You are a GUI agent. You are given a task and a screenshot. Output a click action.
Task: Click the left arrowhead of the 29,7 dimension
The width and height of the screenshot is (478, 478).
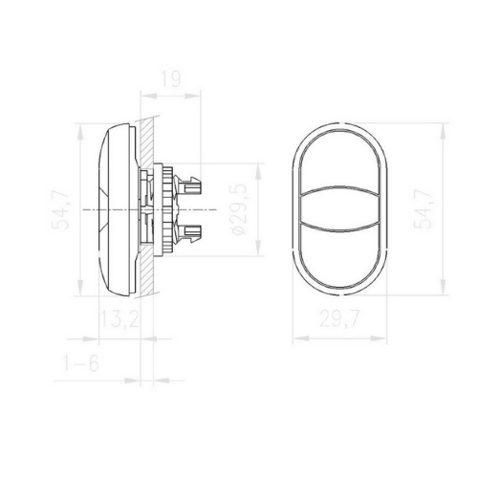[x=293, y=339]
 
